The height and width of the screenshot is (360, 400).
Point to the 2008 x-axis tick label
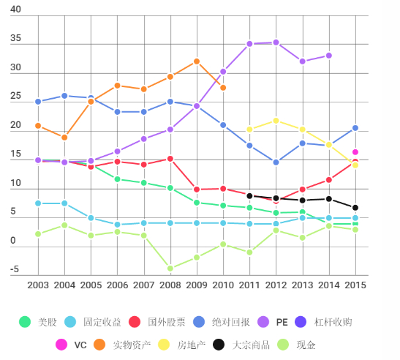coord(170,285)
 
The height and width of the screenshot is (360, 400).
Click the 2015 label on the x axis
coord(355,285)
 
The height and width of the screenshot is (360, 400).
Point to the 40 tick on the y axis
coord(15,10)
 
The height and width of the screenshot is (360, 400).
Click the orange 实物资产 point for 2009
coord(197,61)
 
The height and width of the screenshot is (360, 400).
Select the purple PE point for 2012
coord(276,42)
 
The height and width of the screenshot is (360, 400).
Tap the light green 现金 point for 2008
coord(170,269)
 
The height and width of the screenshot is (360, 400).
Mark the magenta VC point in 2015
coord(355,152)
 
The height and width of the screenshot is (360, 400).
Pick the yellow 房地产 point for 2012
coord(276,121)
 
